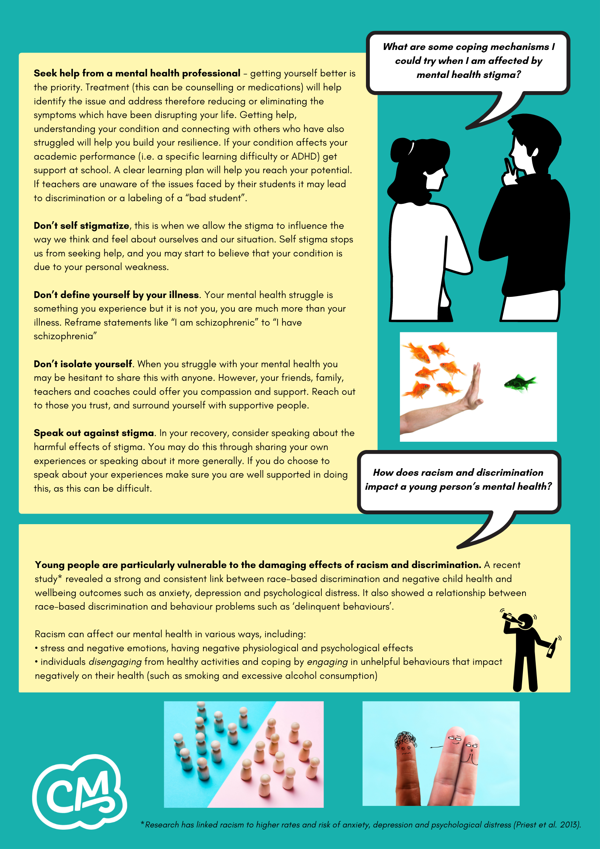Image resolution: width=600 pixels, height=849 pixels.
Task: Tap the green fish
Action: (520, 383)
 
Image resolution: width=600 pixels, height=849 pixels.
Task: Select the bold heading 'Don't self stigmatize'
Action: (81, 226)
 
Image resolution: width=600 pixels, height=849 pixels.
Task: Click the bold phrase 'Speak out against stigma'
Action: (94, 433)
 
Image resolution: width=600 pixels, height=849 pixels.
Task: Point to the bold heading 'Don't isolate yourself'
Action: (83, 364)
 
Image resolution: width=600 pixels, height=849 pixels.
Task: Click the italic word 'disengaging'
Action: (115, 662)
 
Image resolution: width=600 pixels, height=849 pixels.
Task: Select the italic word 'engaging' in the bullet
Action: (327, 662)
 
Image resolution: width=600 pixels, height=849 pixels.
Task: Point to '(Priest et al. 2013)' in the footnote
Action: (547, 825)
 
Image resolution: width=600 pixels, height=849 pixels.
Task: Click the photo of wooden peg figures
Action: (244, 754)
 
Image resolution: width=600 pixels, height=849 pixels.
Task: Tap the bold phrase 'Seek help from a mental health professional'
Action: (137, 73)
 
